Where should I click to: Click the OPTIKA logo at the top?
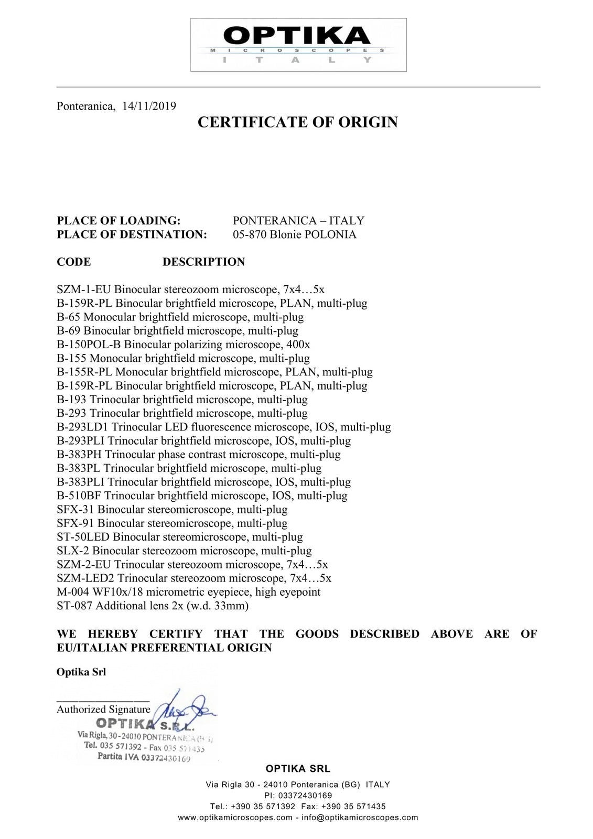[298, 45]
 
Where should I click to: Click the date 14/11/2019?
[149, 106]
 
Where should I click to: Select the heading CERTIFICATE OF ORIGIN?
[297, 122]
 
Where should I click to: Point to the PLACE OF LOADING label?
[118, 221]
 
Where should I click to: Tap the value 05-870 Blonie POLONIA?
[294, 234]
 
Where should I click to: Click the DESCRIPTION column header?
[203, 262]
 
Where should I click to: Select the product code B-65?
[68, 317]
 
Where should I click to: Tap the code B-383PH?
[79, 455]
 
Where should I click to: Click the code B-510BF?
[80, 496]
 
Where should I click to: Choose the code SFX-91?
[75, 523]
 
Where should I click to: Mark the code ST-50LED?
[83, 537]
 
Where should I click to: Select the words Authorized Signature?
[103, 709]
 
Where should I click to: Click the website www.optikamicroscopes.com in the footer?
[235, 818]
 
